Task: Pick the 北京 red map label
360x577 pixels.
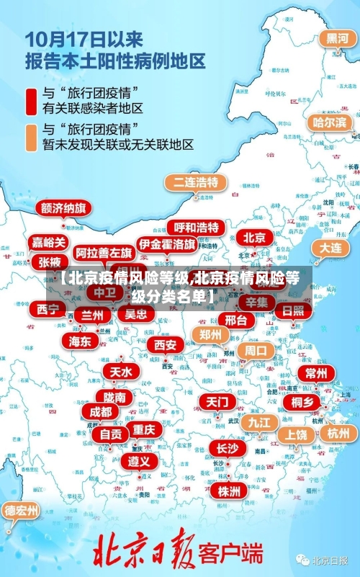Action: pos(253,238)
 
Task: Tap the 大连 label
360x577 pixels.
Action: pos(330,247)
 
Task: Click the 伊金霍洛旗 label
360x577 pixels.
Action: pos(167,245)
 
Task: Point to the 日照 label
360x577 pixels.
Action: pos(292,310)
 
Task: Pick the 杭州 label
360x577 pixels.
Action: pos(338,433)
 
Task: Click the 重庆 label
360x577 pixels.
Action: pos(144,429)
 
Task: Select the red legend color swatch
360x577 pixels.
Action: pos(32,101)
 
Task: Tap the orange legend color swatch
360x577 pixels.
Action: pos(32,137)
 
